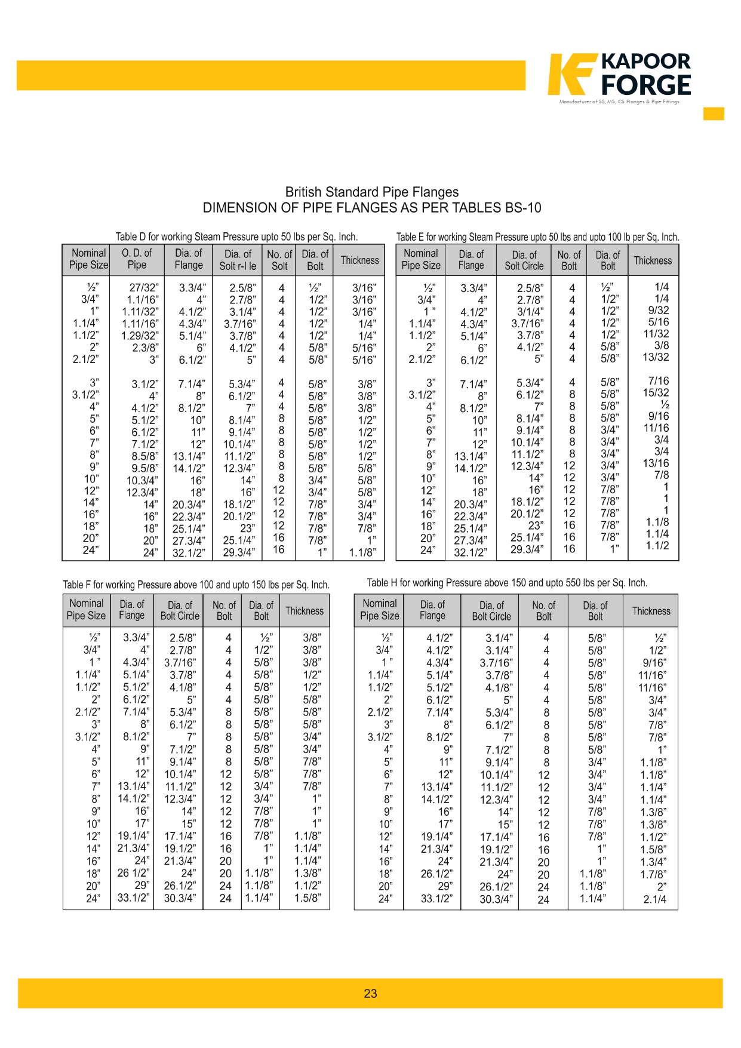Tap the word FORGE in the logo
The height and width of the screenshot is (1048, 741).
click(x=646, y=85)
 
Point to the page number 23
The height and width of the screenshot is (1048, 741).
click(x=370, y=994)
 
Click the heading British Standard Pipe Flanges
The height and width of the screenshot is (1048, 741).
click(x=371, y=192)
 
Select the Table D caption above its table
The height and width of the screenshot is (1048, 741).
click(x=236, y=236)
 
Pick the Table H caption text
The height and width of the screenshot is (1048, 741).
click(x=507, y=583)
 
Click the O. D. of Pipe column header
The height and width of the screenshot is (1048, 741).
click(x=137, y=259)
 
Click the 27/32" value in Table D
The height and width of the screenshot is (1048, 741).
click(x=144, y=288)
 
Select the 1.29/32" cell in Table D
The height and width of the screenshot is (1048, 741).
click(x=140, y=336)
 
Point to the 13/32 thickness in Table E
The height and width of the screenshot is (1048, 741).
click(x=656, y=357)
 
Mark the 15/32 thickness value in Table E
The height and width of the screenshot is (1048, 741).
click(x=656, y=393)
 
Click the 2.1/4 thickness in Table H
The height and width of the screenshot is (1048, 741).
click(x=654, y=899)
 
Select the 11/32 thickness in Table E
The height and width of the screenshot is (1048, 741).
click(x=656, y=334)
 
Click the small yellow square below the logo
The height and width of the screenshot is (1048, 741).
click(x=714, y=113)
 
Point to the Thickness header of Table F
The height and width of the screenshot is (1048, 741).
click(x=305, y=611)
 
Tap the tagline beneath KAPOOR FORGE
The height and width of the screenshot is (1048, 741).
click(x=619, y=102)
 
